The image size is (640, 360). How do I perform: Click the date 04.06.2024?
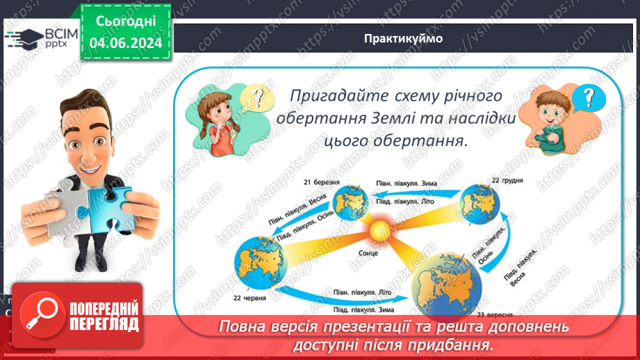click(126, 43)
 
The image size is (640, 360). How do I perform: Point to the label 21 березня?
click(321, 182)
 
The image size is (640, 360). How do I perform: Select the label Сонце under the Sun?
click(370, 253)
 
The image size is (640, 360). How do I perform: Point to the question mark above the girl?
click(258, 97)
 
